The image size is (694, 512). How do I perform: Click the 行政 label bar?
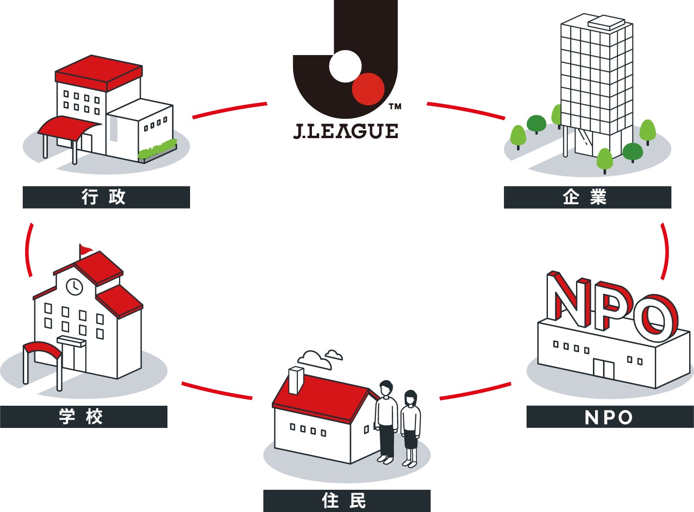106,197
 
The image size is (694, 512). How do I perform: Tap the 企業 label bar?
587,197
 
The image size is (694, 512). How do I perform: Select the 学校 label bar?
83,416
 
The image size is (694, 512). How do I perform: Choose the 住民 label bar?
346,501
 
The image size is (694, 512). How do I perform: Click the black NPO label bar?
610,417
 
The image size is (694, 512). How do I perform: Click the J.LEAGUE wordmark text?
346,131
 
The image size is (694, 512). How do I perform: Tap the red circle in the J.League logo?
368,89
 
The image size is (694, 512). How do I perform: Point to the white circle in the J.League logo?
345,66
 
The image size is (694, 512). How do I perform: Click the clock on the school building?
74,286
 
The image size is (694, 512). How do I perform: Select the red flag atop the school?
87,249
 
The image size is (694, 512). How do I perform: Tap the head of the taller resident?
386,388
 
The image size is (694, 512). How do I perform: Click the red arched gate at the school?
43,349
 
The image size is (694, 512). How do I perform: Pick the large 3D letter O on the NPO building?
656,317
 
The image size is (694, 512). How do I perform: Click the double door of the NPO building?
604,369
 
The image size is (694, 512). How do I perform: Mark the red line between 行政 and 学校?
28,250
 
